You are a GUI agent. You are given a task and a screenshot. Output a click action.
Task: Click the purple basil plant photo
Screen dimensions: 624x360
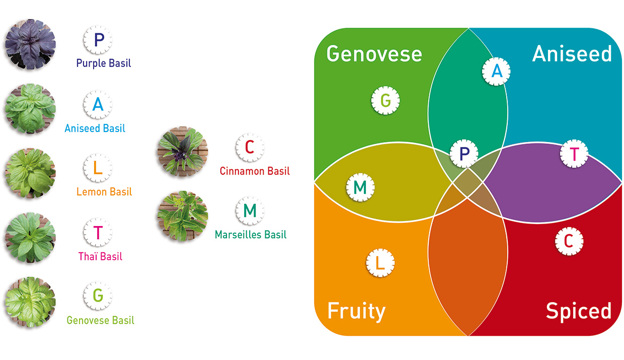pos(30,44)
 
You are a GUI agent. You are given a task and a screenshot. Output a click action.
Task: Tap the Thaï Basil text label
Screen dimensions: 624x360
pos(100,256)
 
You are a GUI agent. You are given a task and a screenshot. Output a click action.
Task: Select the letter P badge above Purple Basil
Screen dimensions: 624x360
pos(98,40)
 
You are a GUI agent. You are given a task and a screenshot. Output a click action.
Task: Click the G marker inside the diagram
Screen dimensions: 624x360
pos(385,100)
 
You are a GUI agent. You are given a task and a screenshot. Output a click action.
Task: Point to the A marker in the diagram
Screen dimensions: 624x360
pos(496,71)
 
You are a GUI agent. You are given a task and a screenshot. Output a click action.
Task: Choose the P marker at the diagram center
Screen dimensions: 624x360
pos(464,153)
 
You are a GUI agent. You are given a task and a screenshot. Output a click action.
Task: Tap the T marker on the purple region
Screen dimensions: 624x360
pos(574,154)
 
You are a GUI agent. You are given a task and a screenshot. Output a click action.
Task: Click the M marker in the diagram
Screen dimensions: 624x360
pos(360,187)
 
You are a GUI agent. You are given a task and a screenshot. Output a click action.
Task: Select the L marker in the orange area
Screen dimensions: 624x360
pos(380,263)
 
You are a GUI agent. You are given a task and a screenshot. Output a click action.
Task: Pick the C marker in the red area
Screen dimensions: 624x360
pos(569,241)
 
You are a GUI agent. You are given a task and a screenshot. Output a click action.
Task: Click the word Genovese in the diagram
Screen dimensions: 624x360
pos(374,54)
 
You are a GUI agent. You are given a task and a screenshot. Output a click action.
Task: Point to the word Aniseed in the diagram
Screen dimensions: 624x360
pos(572,53)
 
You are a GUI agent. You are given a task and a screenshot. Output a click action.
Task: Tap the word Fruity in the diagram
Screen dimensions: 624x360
pos(357,312)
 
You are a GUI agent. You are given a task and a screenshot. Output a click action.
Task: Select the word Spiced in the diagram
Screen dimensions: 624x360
pos(579,312)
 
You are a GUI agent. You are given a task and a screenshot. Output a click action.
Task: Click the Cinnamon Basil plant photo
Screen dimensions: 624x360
pos(183,152)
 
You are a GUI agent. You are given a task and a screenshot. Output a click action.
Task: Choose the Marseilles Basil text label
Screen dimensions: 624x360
pos(251,235)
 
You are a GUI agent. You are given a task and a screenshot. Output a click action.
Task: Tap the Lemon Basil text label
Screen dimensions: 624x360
pos(104,192)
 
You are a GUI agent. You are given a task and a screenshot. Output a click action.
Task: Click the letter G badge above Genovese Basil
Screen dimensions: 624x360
pos(98,296)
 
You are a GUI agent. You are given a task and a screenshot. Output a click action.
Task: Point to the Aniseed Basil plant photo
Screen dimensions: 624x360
pos(30,109)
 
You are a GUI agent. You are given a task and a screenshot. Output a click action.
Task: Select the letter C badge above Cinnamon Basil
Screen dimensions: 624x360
pos(250,148)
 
